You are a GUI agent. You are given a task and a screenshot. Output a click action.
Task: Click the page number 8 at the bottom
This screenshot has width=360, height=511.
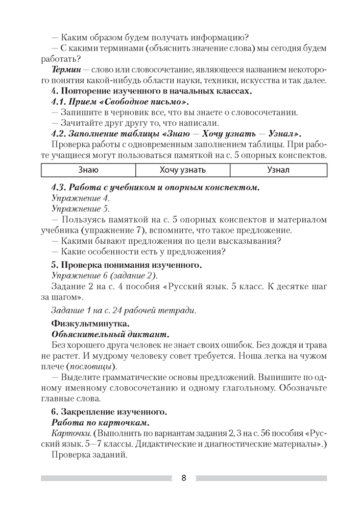(x=183, y=478)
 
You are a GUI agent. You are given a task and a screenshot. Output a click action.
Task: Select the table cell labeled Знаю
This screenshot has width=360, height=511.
(x=88, y=170)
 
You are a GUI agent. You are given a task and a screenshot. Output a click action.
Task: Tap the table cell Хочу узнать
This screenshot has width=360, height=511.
(x=183, y=170)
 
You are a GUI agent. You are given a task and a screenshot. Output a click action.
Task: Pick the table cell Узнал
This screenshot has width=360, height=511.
(x=278, y=170)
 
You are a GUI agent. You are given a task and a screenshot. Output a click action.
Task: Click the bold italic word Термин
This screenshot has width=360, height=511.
(x=67, y=69)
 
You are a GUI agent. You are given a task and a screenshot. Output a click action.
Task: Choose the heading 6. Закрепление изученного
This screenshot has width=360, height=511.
(x=108, y=411)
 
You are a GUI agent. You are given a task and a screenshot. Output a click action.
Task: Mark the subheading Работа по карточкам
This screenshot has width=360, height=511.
(x=101, y=423)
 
